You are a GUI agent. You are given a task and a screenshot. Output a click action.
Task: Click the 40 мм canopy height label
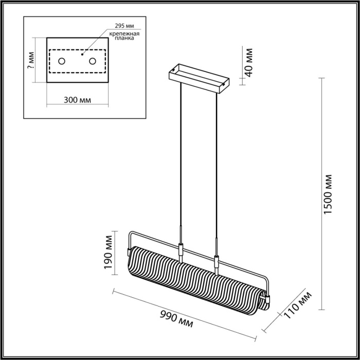click(248, 62)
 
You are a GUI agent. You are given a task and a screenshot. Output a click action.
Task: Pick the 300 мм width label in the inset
click(77, 100)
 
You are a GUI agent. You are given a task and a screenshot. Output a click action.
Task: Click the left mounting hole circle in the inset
click(61, 62)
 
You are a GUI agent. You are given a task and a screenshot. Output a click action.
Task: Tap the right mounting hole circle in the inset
click(93, 62)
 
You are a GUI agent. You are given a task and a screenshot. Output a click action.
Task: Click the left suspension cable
click(181, 154)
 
